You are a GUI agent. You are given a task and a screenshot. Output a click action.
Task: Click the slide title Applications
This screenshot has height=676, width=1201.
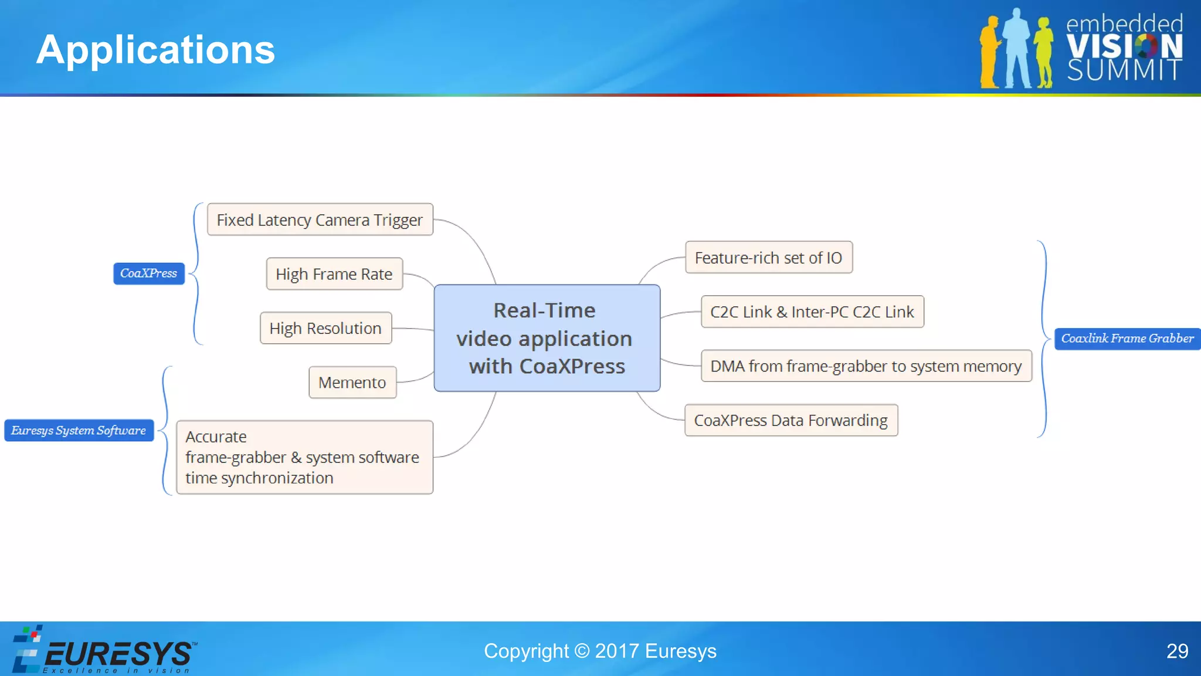click(155, 49)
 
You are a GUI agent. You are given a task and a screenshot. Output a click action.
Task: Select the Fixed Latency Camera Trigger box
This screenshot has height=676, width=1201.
click(320, 219)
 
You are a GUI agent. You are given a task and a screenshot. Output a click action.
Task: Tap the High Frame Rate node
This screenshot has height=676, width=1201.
click(334, 274)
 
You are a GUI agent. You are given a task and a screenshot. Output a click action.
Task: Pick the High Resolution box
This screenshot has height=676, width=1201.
click(325, 328)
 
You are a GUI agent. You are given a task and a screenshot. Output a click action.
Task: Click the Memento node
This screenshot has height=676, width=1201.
click(352, 383)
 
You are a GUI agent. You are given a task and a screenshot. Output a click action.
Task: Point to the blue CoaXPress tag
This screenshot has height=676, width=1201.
click(149, 273)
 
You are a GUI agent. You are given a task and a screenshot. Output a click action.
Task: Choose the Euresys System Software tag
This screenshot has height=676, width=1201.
click(79, 430)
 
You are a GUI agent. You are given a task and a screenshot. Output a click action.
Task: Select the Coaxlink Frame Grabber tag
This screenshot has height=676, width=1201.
click(1127, 339)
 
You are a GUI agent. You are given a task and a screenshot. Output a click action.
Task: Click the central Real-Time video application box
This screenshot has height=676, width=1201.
click(547, 338)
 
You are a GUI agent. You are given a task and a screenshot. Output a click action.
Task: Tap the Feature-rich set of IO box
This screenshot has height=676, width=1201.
click(768, 258)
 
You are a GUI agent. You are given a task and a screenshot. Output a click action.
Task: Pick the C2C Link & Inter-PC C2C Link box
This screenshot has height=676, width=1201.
click(812, 312)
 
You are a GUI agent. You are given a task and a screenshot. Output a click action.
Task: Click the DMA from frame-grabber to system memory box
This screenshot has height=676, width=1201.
click(866, 366)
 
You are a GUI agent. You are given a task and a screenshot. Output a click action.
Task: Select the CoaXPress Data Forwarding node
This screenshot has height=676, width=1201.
click(791, 420)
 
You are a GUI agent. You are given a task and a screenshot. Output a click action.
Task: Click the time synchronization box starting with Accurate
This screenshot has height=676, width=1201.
click(304, 457)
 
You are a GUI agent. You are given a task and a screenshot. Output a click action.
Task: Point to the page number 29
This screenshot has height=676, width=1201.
click(1177, 651)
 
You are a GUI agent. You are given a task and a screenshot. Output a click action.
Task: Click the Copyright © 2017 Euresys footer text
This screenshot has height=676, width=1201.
click(600, 651)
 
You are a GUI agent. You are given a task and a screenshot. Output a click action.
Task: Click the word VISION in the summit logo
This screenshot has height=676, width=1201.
click(1124, 46)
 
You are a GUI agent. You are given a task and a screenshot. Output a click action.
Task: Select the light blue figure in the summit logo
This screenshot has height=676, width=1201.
click(1016, 50)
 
